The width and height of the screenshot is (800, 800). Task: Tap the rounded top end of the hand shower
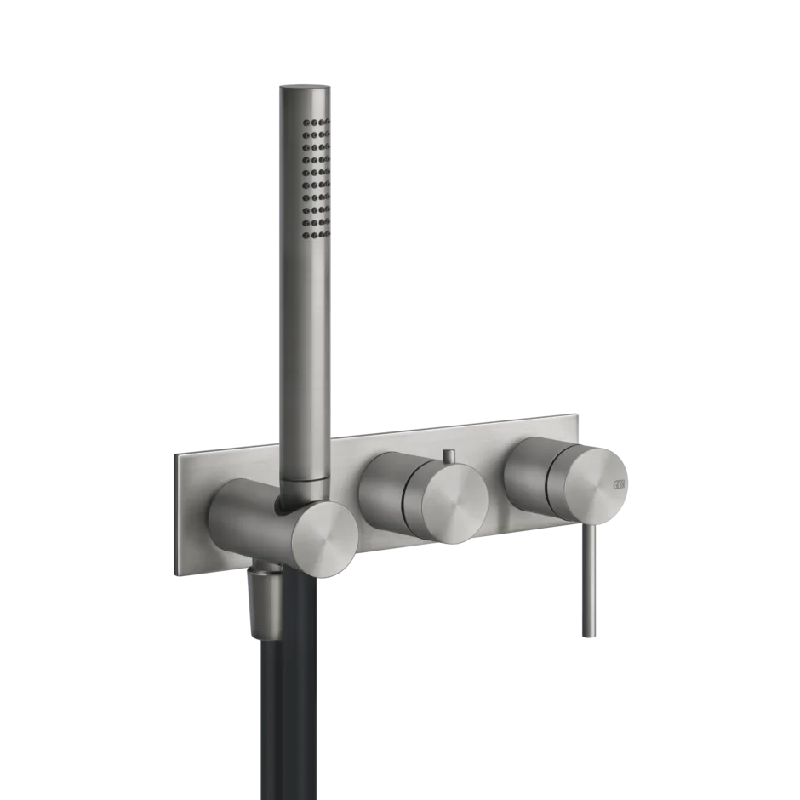click(302, 87)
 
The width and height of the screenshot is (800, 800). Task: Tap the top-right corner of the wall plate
click(579, 415)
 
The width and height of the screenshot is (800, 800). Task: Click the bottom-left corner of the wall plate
click(177, 576)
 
